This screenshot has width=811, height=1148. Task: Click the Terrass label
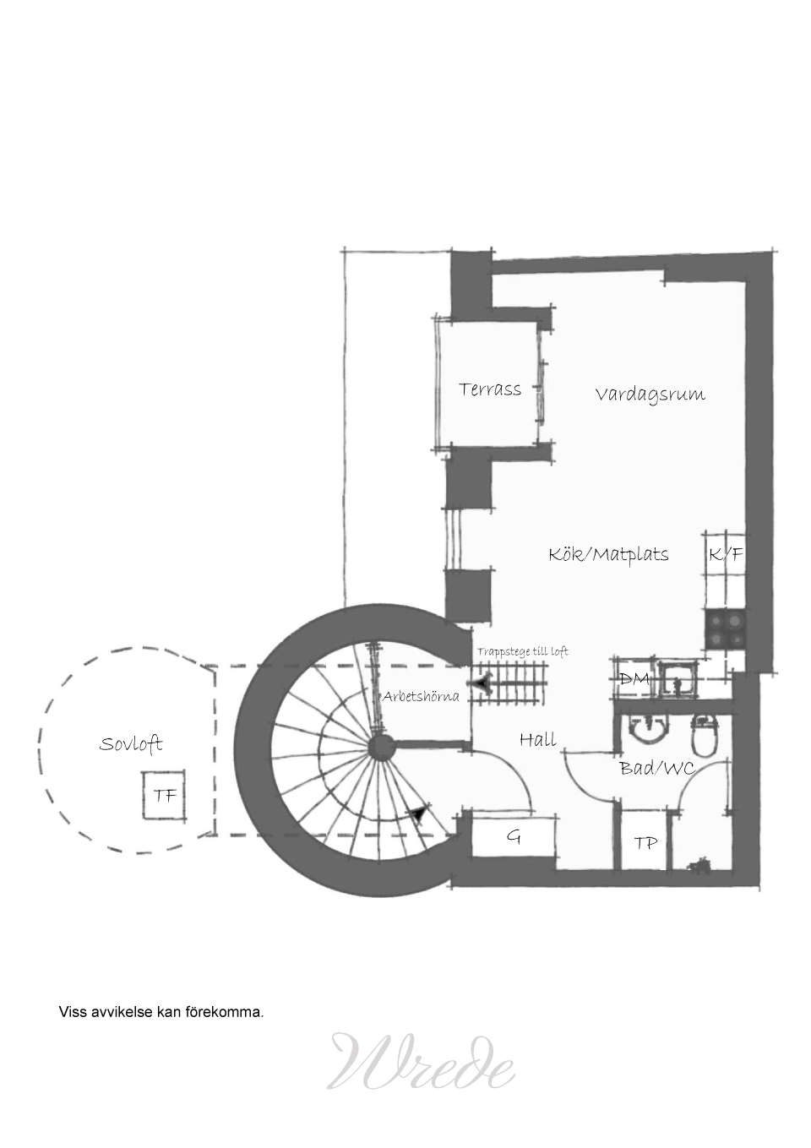point(490,389)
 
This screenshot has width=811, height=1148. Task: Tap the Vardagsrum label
point(650,394)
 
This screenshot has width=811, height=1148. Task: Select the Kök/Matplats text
point(608,554)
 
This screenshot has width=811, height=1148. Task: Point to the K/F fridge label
point(726,554)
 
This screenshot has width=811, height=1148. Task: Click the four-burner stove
point(726,630)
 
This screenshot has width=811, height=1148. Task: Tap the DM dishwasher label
point(634,679)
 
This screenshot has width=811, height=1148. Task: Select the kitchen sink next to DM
point(678,679)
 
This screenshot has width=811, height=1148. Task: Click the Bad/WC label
point(657,768)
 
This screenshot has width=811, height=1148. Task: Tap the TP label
point(645,842)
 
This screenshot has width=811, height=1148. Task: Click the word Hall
point(538,739)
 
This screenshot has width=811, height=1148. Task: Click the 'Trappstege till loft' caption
point(523,652)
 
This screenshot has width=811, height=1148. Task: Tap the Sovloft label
point(131,744)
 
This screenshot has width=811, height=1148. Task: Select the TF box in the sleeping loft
point(164,795)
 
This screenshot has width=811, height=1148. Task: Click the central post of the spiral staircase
point(381,747)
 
